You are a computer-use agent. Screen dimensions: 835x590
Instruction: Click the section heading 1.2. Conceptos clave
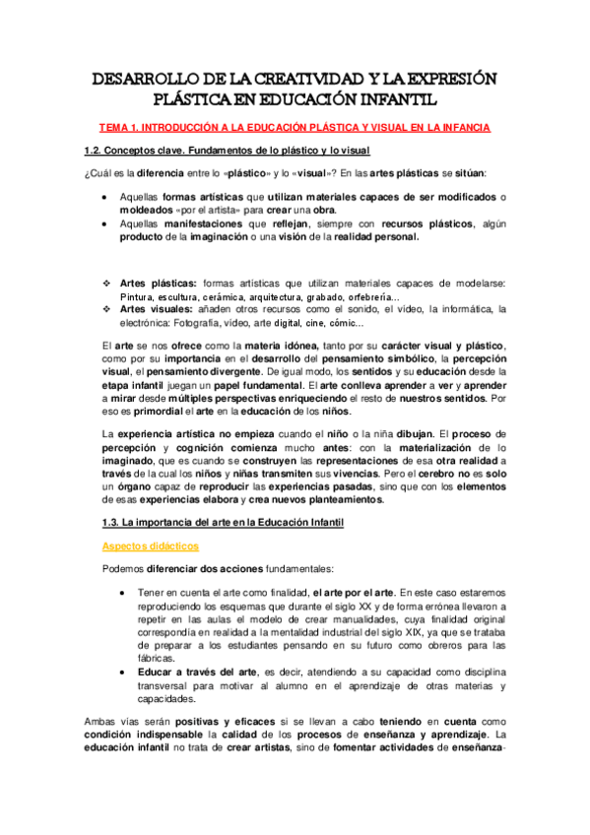coord(226,151)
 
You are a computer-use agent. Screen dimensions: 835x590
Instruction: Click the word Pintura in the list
coord(138,296)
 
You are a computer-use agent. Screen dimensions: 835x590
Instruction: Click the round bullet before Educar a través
coord(119,671)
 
